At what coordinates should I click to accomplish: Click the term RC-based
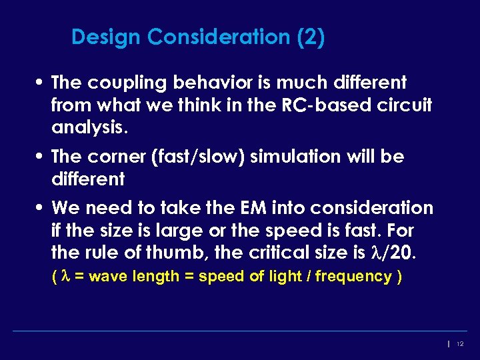point(319,105)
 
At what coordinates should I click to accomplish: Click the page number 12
point(460,343)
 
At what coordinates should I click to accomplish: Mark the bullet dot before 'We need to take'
point(41,209)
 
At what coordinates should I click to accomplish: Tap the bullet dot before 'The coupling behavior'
point(41,83)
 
